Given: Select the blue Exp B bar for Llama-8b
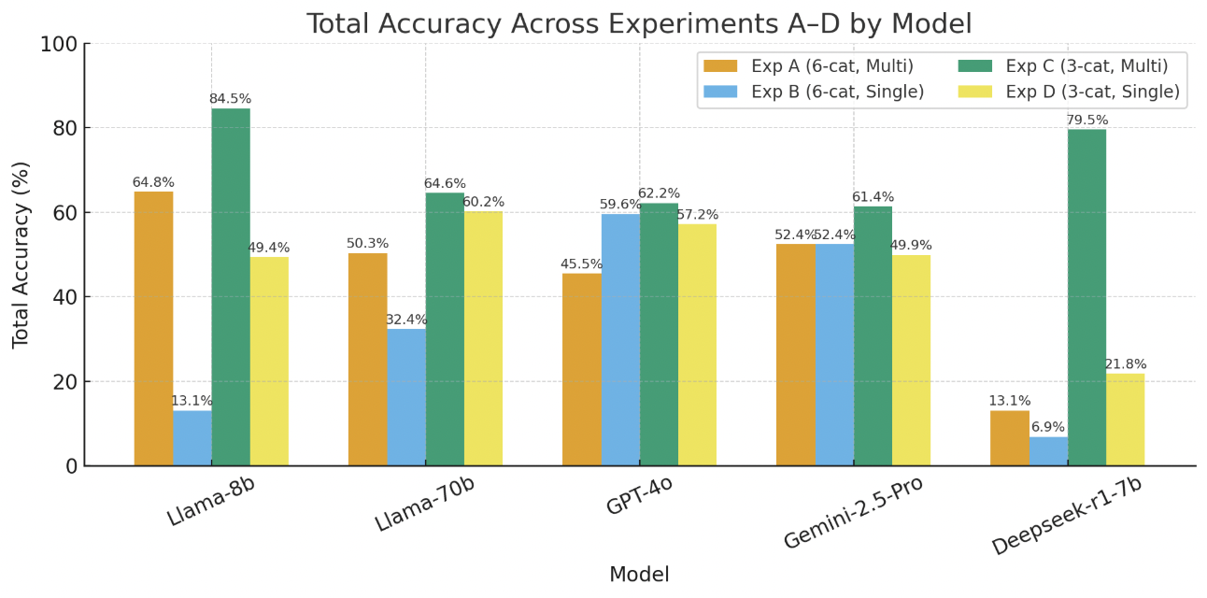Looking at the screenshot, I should [192, 438].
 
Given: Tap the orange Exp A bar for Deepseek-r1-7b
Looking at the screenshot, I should [1009, 438].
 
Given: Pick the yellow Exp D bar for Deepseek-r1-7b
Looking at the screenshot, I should [1125, 420].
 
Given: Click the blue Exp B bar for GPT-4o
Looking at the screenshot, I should [620, 340].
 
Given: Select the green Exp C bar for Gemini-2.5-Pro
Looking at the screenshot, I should [873, 336].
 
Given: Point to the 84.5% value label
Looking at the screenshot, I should [231, 99].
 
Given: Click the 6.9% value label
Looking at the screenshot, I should [1048, 427].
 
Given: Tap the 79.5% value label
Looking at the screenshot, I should [1086, 121].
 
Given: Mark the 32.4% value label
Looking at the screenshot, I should [406, 320].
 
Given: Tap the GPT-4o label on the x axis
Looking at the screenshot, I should [640, 496].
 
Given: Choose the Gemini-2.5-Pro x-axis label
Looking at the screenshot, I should [854, 512].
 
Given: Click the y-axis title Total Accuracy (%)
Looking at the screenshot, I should [21, 254].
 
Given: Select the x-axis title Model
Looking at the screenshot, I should [639, 575].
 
